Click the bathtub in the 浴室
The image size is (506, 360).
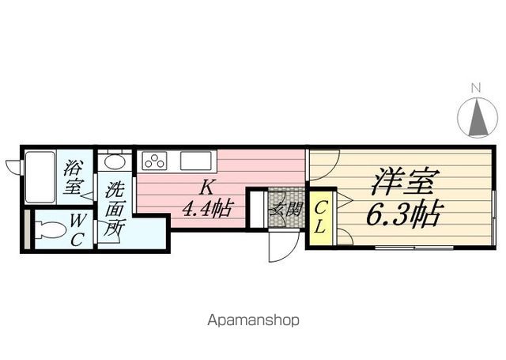[40, 177]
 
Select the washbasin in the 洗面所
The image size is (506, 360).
[114, 161]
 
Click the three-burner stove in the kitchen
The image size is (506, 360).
[155, 161]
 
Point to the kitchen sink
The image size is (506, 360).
[195, 161]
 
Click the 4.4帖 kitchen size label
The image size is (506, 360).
[207, 208]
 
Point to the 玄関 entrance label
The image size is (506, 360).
[286, 209]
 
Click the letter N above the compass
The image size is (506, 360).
[476, 88]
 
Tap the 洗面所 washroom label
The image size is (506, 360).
[115, 209]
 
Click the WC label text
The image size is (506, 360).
[77, 230]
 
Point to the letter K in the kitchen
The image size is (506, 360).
[206, 188]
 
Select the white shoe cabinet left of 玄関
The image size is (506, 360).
[257, 209]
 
